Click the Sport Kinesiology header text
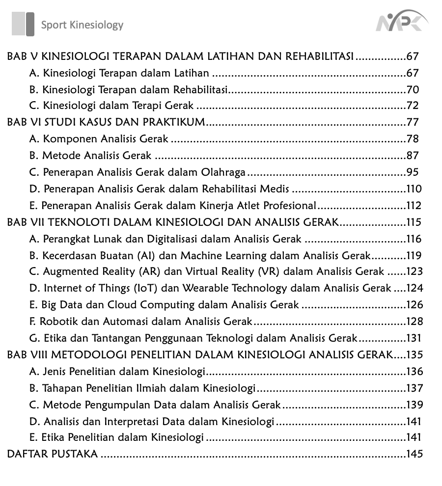(82, 25)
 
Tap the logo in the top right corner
(401, 23)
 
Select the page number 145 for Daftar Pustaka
(414, 454)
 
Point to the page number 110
(414, 189)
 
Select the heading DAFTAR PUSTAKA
(52, 454)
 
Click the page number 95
(413, 172)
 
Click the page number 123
(414, 271)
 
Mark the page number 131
(414, 338)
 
